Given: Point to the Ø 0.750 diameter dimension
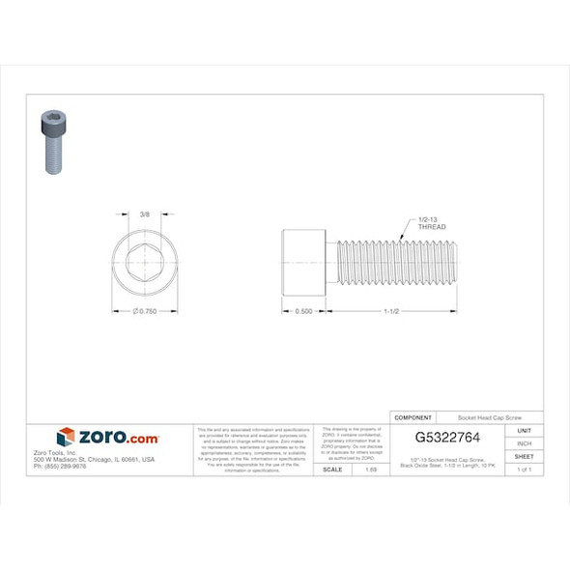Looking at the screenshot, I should pyautogui.click(x=144, y=311).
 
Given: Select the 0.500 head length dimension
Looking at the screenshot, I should pyautogui.click(x=303, y=311).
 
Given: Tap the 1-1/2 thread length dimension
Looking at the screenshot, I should pyautogui.click(x=391, y=311).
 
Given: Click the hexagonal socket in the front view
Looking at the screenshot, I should pyautogui.click(x=144, y=264).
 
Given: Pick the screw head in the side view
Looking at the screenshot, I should pyautogui.click(x=303, y=264).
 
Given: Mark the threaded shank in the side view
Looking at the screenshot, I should pyautogui.click(x=396, y=264).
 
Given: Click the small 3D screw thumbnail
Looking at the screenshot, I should pyautogui.click(x=53, y=141).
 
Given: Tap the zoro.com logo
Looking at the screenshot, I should pyautogui.click(x=107, y=438).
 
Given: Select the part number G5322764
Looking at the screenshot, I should pyautogui.click(x=447, y=438).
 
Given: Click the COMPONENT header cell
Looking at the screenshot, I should pyautogui.click(x=413, y=417).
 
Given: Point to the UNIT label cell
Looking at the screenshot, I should pyautogui.click(x=524, y=430).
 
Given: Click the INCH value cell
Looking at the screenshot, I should pyautogui.click(x=524, y=442).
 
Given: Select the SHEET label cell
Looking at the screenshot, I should pyautogui.click(x=524, y=456).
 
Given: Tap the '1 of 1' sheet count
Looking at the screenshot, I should pyautogui.click(x=524, y=469).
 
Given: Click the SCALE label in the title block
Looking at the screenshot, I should pyautogui.click(x=331, y=469).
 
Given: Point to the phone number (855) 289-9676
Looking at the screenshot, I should pyautogui.click(x=60, y=466).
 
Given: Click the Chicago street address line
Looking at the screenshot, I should pyautogui.click(x=94, y=459).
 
